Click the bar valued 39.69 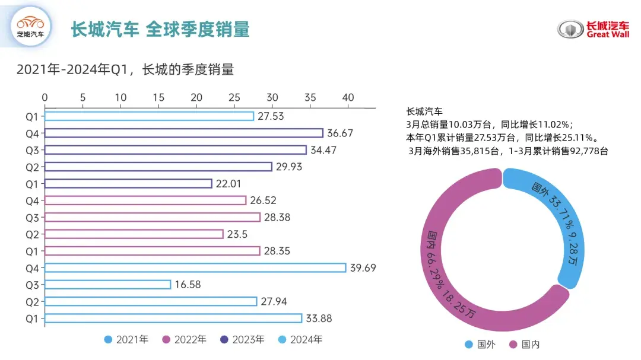tap(195, 267)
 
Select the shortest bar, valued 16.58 tap(107, 285)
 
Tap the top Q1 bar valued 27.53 tap(149, 116)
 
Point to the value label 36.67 tap(339, 133)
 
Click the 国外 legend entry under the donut tap(481, 344)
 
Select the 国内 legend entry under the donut tap(525, 344)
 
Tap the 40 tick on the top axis tap(348, 97)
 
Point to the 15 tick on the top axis tap(158, 97)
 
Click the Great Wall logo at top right tap(593, 29)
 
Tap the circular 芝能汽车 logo tap(31, 28)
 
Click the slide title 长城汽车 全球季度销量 tap(160, 29)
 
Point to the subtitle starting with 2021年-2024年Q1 tap(125, 69)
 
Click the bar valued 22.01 tap(128, 184)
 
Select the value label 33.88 tap(319, 318)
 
